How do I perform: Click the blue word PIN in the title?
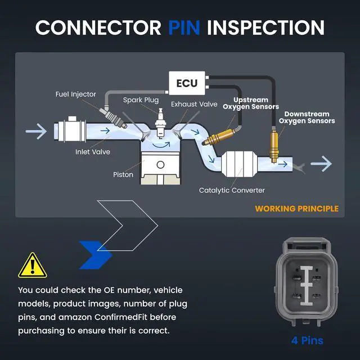[184, 28]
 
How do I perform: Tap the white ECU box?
[187, 83]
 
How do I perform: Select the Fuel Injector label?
[75, 94]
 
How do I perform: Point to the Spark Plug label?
[141, 100]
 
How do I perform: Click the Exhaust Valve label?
[194, 104]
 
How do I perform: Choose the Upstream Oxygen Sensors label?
[251, 103]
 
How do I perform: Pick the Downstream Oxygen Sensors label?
[307, 118]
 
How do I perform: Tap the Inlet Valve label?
[92, 152]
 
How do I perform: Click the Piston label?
[123, 175]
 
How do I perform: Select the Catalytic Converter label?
[232, 190]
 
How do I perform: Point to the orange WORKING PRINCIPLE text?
[296, 209]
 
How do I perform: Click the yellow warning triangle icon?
[33, 265]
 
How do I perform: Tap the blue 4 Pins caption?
[307, 340]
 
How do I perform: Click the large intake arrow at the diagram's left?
[36, 131]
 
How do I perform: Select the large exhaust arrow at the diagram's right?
[321, 164]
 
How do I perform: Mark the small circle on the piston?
[160, 165]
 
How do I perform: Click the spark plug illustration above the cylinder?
[160, 123]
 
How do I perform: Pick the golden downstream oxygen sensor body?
[274, 146]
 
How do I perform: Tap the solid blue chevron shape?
[95, 255]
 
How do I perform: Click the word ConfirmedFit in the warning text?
[121, 317]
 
